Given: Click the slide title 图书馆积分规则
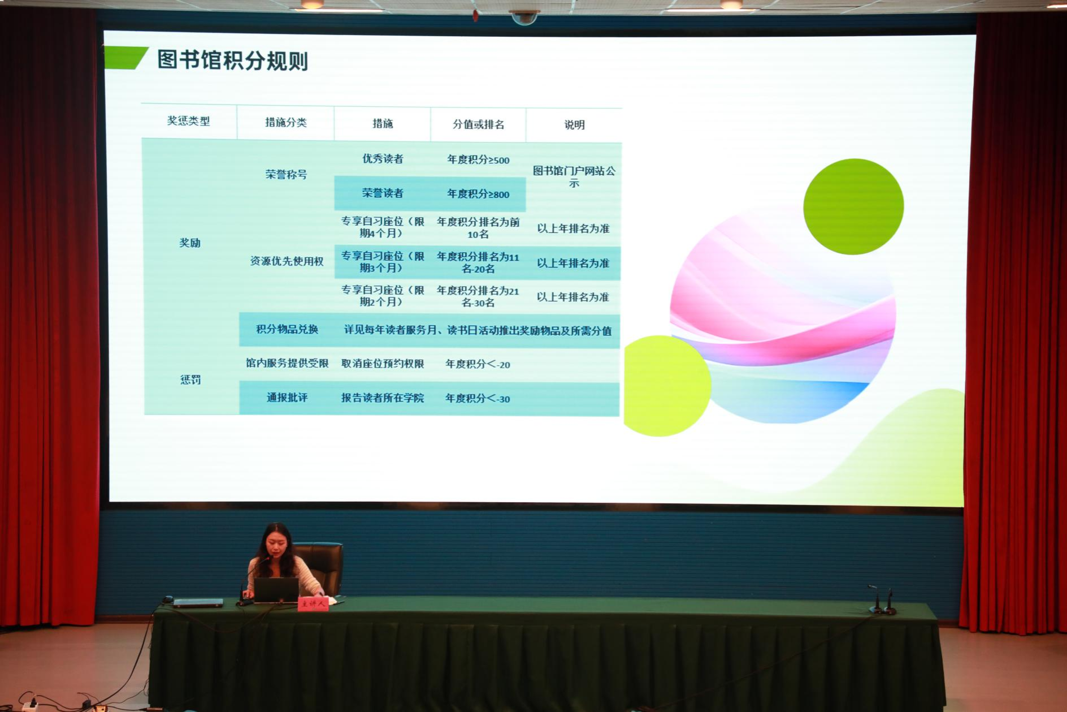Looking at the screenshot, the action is pos(233,60).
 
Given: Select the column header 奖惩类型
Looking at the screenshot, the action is pos(188,121).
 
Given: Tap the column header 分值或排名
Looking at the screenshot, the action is pos(478,124).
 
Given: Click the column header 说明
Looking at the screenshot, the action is pos(574,125).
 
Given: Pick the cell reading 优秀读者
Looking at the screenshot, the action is pos(383,159).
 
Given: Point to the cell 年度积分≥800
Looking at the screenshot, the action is pos(478,194).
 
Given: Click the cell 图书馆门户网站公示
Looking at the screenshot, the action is pos(574,176).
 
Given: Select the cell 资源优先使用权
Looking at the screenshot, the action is pos(287,261).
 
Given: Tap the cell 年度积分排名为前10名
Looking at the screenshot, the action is pos(478,228).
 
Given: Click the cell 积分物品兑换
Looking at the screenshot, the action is pos(287,329).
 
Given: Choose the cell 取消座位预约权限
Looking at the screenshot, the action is pos(383,364).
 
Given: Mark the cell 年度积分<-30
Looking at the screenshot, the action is pos(478,398).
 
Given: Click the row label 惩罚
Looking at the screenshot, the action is pos(190,379).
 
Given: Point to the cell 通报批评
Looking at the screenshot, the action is pos(287,398).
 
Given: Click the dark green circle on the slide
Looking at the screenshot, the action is pos(853,206).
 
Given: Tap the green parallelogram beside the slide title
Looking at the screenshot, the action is pos(126,58).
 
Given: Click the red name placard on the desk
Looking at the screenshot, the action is pos(313,604).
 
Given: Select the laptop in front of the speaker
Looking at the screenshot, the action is pos(276,590).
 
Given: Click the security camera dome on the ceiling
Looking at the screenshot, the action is pos(524,18).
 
